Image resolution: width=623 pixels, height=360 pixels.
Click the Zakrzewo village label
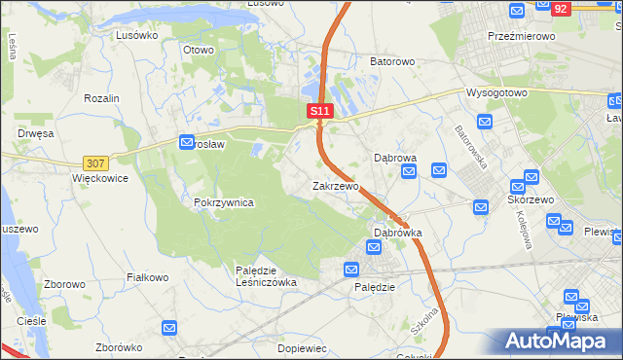[336, 186]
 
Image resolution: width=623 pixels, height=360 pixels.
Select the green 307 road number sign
[95, 163]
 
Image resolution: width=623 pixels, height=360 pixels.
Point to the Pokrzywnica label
[224, 202]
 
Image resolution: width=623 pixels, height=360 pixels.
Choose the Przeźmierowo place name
[521, 35]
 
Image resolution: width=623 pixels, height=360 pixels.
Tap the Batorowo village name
[392, 61]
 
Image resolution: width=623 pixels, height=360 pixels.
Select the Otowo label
[199, 49]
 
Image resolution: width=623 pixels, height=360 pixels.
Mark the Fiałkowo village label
[149, 277]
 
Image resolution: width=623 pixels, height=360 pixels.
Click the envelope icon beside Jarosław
[187, 143]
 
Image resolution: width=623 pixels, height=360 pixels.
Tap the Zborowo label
[65, 285]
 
